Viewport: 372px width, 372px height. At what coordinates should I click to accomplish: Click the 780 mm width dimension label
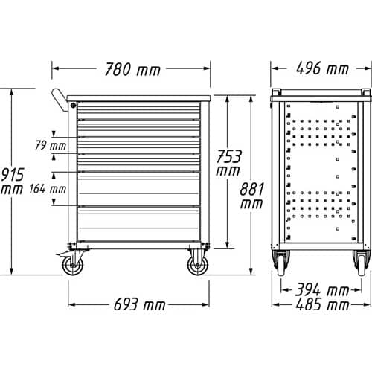pyautogui.click(x=132, y=69)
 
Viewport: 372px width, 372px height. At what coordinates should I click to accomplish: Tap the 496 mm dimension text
pyautogui.click(x=322, y=68)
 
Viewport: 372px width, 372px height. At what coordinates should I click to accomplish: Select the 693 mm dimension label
pyautogui.click(x=139, y=304)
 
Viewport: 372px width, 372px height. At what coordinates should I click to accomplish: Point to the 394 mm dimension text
pyautogui.click(x=322, y=289)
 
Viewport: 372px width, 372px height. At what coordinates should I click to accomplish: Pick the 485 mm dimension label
pyautogui.click(x=322, y=304)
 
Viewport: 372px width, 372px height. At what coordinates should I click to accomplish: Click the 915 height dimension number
pyautogui.click(x=13, y=175)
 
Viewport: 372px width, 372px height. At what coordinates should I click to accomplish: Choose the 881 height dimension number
pyautogui.click(x=251, y=189)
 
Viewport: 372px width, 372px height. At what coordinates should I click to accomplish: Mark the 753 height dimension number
pyautogui.click(x=228, y=156)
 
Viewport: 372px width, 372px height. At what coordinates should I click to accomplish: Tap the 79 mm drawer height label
pyautogui.click(x=51, y=145)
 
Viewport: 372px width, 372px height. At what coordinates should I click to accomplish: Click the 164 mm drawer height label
pyautogui.click(x=48, y=189)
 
